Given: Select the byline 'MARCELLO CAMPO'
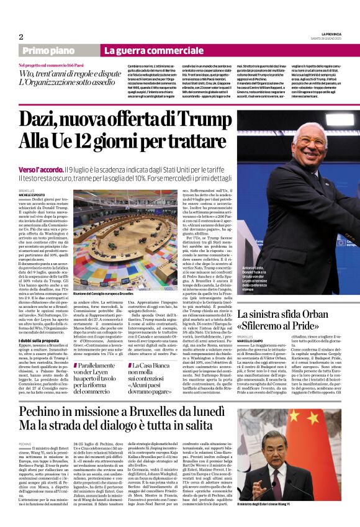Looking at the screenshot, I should pyautogui.click(x=254, y=338).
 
